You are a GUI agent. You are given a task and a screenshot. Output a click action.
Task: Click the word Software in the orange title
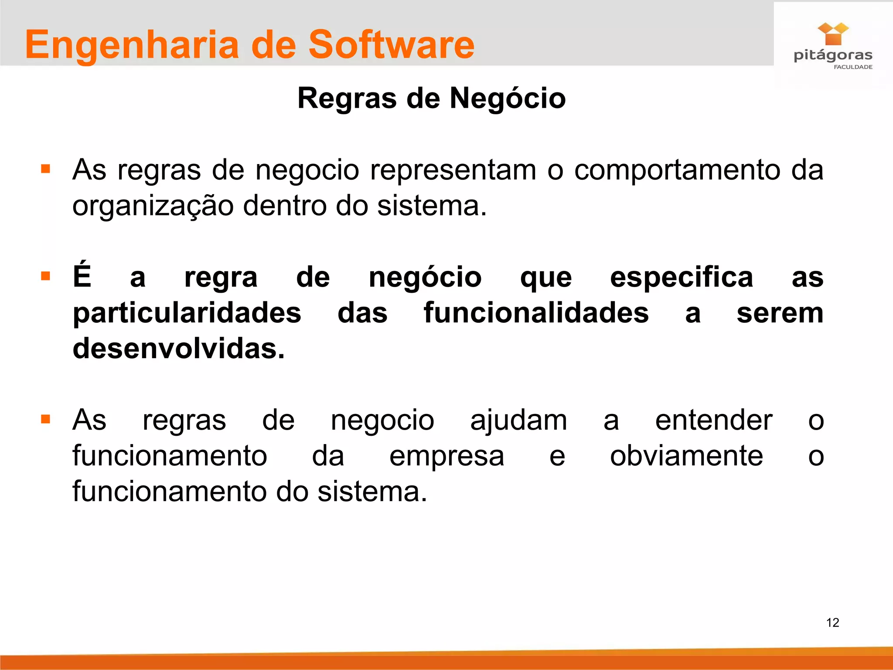(391, 44)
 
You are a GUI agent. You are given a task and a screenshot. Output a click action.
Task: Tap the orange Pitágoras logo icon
(833, 34)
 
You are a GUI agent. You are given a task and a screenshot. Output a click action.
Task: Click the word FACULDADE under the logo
(853, 67)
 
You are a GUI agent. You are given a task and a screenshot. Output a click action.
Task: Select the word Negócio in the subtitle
(508, 98)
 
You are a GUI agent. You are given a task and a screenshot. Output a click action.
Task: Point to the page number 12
(832, 622)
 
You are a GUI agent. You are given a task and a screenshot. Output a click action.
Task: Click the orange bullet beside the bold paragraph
(45, 276)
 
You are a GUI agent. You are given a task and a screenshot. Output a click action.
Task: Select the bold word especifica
(681, 277)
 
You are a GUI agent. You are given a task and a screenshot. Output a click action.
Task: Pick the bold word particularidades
(187, 313)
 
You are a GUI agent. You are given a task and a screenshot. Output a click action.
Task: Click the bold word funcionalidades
(536, 313)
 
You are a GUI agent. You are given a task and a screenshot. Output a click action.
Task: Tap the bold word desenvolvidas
(178, 349)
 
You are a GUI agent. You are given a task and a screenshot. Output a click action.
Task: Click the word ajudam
(518, 420)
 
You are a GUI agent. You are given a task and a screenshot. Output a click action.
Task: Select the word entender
(713, 420)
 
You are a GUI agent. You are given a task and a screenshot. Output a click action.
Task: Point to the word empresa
(446, 456)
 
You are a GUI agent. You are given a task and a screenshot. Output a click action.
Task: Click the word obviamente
(686, 456)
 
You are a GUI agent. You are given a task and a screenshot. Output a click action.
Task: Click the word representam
(453, 170)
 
